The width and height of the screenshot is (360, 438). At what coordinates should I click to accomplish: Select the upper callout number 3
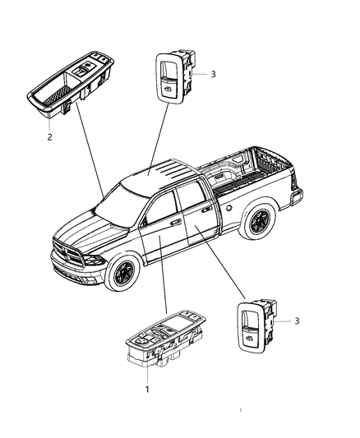point(213,74)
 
